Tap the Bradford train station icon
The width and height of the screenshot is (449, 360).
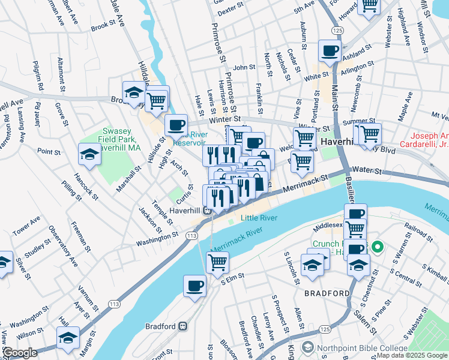click(182, 326)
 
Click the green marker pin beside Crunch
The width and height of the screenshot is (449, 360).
click(377, 247)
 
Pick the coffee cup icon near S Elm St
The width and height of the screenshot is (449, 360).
click(194, 286)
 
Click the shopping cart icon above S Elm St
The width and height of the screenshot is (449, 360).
click(217, 262)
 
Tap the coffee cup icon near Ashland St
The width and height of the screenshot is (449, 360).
click(329, 52)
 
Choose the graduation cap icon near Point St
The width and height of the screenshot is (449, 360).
click(89, 155)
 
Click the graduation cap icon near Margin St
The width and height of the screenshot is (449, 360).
click(68, 337)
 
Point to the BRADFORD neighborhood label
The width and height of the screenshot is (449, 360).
click(327, 293)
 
